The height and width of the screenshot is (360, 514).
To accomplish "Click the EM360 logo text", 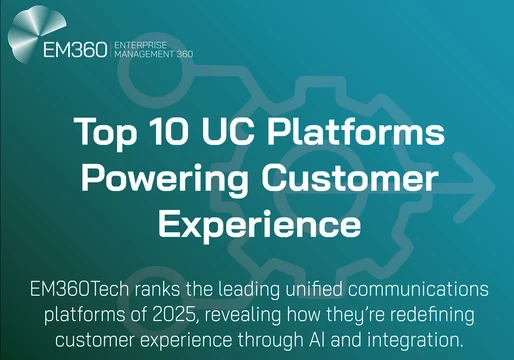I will [x=70, y=51].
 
